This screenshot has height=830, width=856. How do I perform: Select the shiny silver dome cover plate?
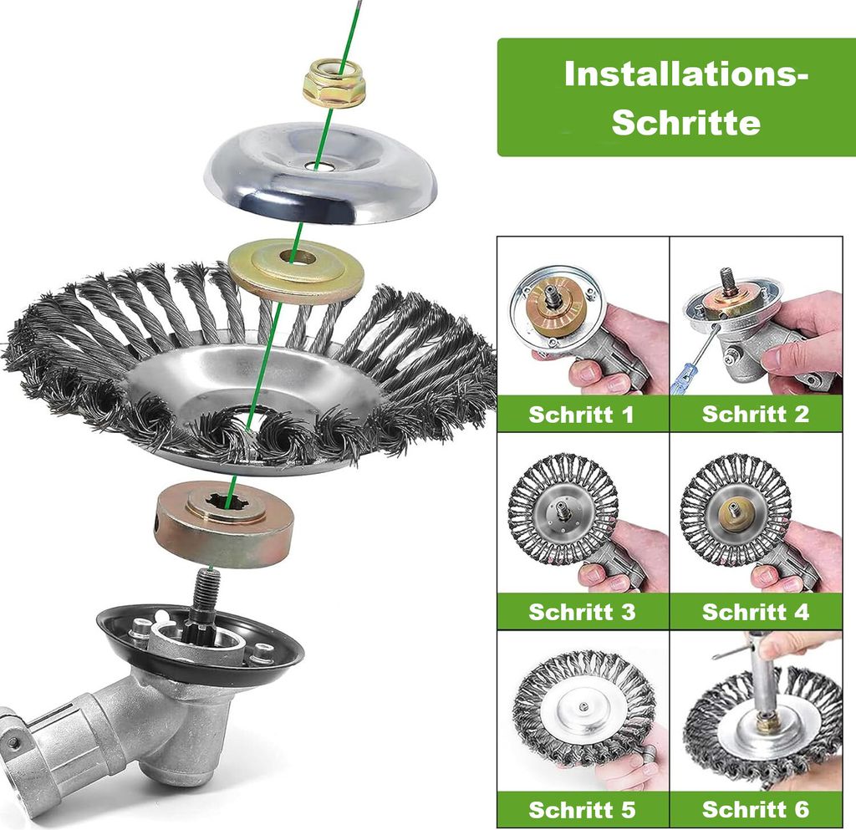tap(321, 174)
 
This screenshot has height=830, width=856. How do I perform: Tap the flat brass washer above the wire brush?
tap(296, 271)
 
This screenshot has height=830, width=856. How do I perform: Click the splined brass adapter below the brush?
tap(224, 523)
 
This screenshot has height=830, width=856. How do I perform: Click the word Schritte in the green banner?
tap(685, 122)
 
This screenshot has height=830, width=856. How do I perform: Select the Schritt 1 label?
tap(582, 415)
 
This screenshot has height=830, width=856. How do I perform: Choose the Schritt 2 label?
tap(756, 414)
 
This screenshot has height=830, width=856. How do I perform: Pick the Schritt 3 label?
tap(582, 612)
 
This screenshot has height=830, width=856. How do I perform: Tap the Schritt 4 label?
tap(756, 612)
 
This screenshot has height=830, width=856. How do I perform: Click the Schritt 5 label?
tap(582, 809)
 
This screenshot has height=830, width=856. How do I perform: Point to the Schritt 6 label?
tap(756, 809)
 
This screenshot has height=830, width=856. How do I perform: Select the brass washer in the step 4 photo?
tap(734, 515)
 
